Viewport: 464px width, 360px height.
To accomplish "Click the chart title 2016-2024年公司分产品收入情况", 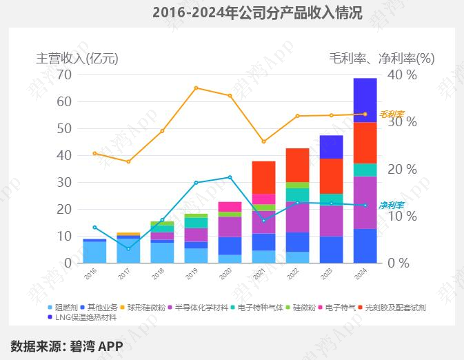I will (x=256, y=13).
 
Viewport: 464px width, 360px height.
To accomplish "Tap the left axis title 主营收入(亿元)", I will (x=77, y=59).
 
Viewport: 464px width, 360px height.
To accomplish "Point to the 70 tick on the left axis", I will (x=65, y=74).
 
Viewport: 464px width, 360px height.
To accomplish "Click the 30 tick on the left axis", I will (x=65, y=182).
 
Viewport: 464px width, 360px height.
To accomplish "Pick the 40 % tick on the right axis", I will (x=403, y=74).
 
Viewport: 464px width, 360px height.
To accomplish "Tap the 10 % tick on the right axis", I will (x=403, y=216).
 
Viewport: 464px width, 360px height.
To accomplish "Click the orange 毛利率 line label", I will (x=392, y=114).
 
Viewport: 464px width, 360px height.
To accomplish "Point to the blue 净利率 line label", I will (x=392, y=206).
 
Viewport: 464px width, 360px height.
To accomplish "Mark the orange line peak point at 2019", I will (x=196, y=88).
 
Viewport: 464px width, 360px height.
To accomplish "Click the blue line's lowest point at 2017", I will (x=128, y=248).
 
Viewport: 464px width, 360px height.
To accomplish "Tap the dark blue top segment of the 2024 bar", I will (x=365, y=99).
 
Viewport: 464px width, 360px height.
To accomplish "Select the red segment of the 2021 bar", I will (x=263, y=177).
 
